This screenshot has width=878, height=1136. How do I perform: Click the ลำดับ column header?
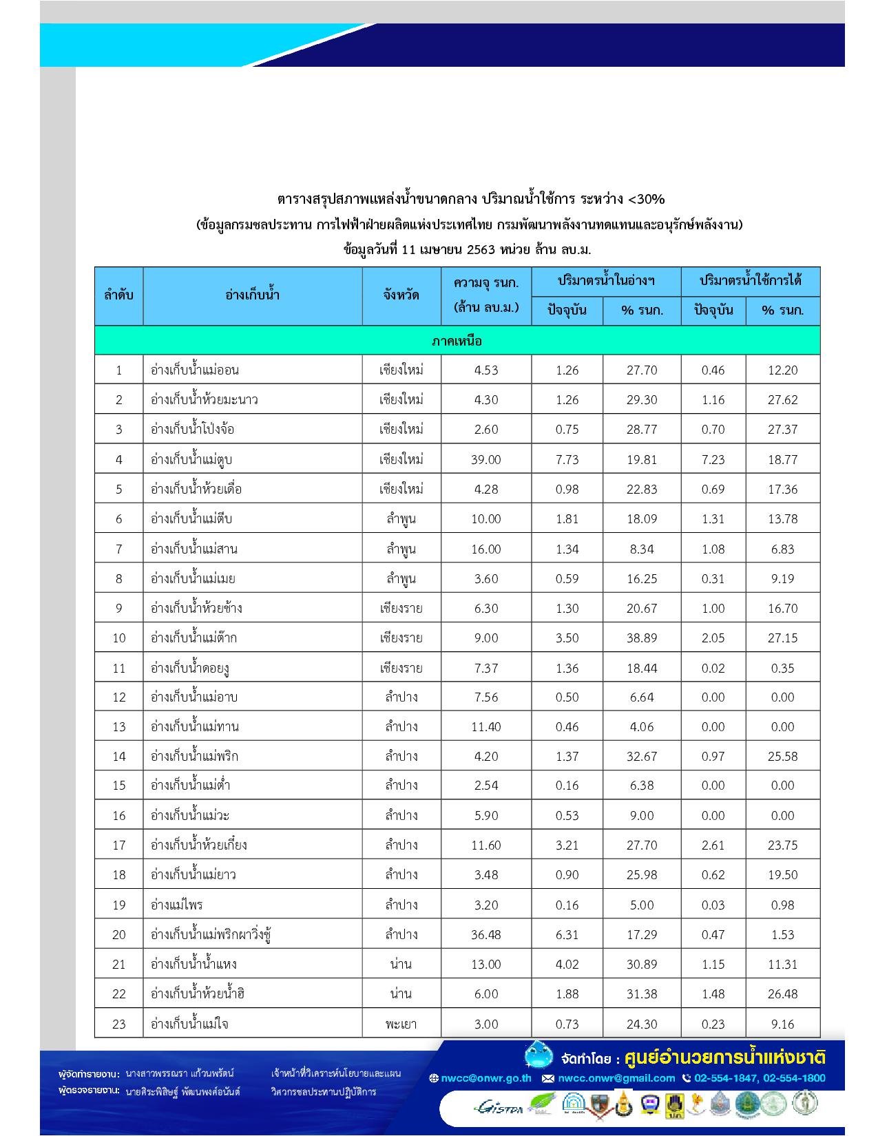tap(118, 295)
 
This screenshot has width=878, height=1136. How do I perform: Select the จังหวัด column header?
tap(401, 295)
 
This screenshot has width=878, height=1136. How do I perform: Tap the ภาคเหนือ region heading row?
tap(457, 341)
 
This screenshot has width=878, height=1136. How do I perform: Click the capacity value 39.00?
tap(485, 459)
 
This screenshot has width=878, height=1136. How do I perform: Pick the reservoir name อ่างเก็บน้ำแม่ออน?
tap(194, 370)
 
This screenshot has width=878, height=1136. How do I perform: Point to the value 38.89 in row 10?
tap(641, 638)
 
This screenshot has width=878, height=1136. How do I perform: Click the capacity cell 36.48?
tap(485, 934)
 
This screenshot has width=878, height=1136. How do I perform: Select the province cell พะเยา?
tap(401, 1024)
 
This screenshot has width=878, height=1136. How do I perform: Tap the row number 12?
tap(118, 697)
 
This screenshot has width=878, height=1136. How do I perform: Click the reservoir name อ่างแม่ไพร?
tap(176, 905)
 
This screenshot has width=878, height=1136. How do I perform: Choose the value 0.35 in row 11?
tap(782, 668)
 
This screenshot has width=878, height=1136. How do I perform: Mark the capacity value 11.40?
tap(485, 726)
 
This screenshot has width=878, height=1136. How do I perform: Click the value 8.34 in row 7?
tap(641, 549)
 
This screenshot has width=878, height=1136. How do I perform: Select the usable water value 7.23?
tap(713, 459)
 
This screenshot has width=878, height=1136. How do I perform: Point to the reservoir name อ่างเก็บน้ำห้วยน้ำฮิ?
tap(198, 993)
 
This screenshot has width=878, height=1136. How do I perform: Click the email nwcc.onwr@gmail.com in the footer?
tap(616, 1078)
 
